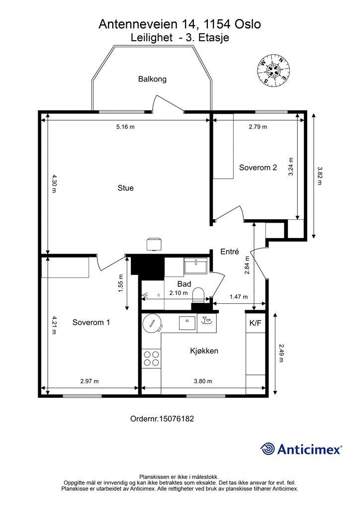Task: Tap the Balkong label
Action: tap(152, 79)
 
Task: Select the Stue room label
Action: tap(126, 188)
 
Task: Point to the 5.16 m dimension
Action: tap(125, 127)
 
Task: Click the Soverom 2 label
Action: tap(258, 168)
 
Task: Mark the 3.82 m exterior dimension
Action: tap(319, 175)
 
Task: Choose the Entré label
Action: tap(230, 252)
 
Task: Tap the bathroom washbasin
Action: tap(196, 266)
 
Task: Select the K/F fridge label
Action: tap(255, 323)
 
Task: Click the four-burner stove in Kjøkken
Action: tap(152, 358)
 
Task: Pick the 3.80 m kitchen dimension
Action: tap(203, 381)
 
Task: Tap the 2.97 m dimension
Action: tap(90, 381)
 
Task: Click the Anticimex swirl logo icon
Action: tap(268, 449)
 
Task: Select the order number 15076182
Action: tap(162, 419)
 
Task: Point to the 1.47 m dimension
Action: tap(239, 297)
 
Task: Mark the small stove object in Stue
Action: tap(154, 244)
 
